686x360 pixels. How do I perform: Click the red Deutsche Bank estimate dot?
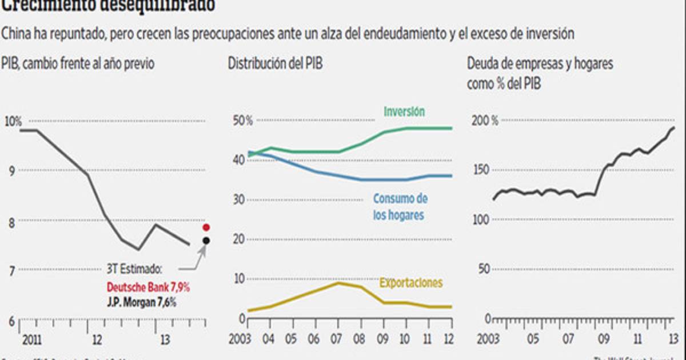pos(206,227)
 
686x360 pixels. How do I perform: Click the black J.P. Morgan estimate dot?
pos(206,241)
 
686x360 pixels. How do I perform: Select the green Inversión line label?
pos(404,112)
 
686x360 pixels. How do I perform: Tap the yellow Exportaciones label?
pos(411,283)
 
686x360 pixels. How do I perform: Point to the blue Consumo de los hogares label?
pos(400,207)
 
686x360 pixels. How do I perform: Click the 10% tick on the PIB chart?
pos(13,121)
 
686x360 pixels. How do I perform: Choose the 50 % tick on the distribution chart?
pos(241,121)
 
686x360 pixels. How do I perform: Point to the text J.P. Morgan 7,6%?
pos(141,302)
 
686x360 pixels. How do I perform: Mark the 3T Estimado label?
pos(135,269)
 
